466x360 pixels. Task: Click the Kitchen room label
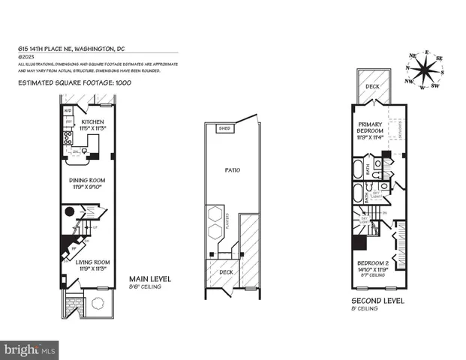94,121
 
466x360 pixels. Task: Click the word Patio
232,170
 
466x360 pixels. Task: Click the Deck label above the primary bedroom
373,86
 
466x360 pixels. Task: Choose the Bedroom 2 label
373,265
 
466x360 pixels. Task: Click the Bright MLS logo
30,349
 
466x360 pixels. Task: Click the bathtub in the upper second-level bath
357,166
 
